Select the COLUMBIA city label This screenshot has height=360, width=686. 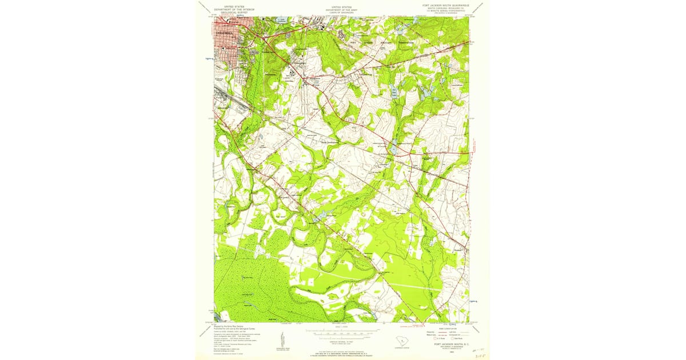click(224, 33)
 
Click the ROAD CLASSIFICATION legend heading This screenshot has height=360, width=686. click(445, 327)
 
